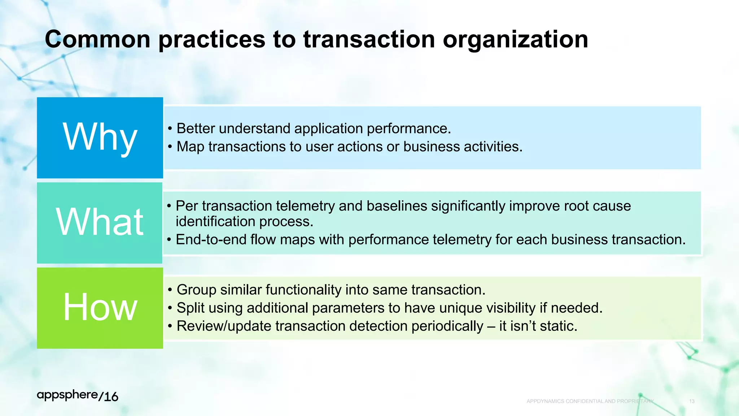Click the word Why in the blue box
(100, 137)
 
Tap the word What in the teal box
(100, 222)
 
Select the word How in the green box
(100, 307)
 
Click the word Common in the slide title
(97, 39)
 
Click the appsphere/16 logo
(78, 396)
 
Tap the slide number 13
(692, 401)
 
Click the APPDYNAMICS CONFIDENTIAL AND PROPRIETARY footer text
(590, 401)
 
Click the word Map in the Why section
(191, 147)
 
